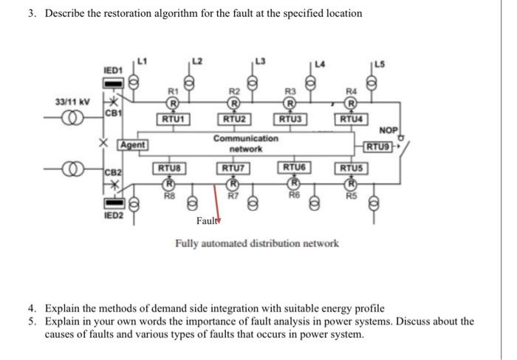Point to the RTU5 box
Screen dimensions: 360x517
pyautogui.click(x=352, y=168)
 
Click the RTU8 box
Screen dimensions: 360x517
pyautogui.click(x=168, y=168)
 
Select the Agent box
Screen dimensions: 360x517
pyautogui.click(x=134, y=144)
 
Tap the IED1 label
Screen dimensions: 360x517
pyautogui.click(x=112, y=69)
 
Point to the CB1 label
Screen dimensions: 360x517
pyautogui.click(x=112, y=113)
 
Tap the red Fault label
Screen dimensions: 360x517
pyautogui.click(x=207, y=220)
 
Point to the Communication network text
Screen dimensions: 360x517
pyautogui.click(x=246, y=143)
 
